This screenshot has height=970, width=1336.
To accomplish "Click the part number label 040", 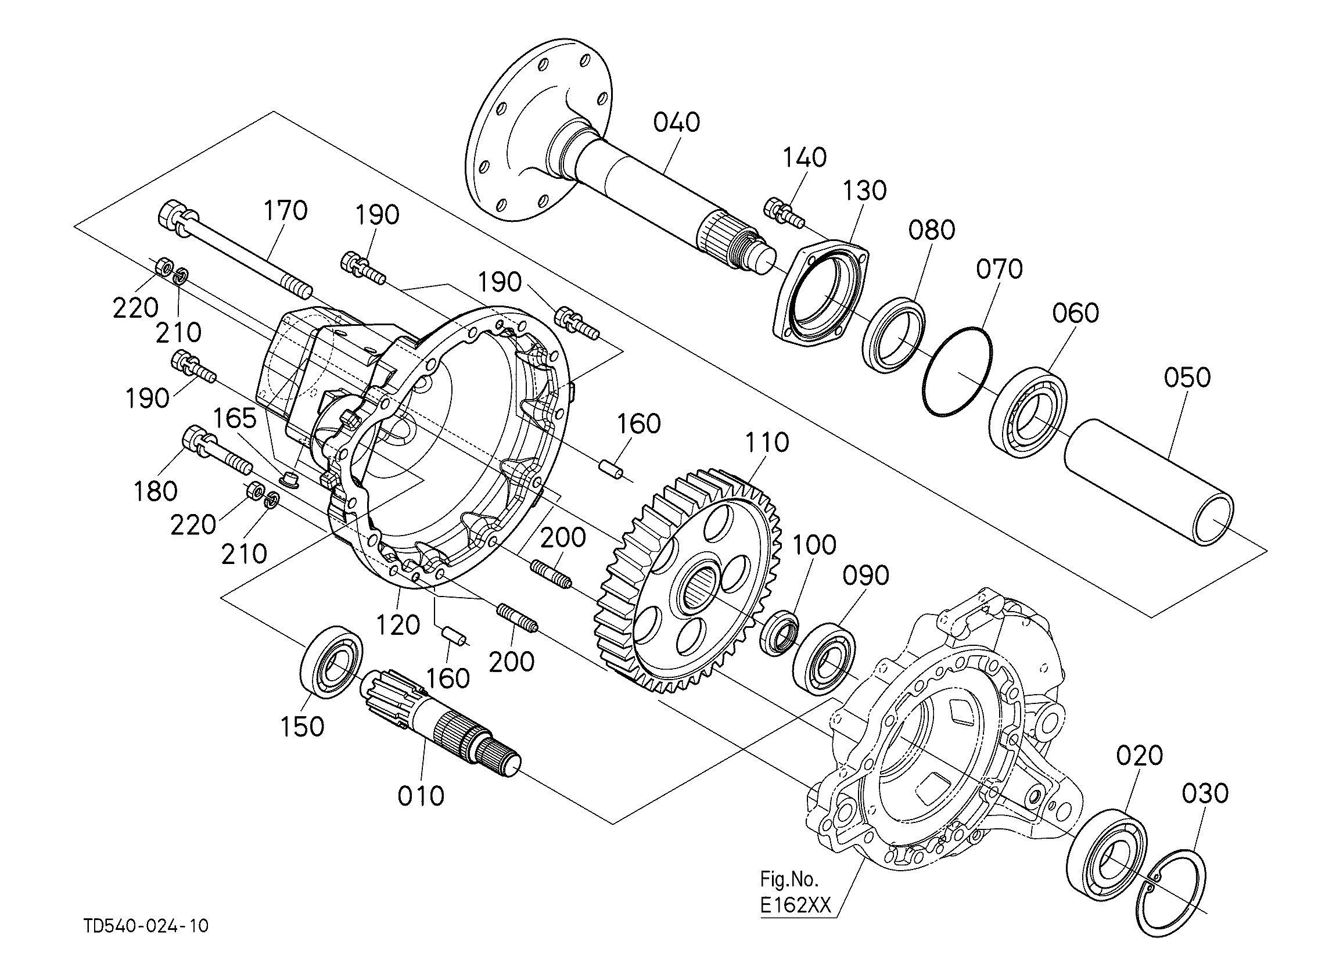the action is point(676,123).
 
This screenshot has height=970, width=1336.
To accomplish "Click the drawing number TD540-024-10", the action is point(145,926).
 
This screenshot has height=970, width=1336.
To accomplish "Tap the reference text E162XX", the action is point(795,905).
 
